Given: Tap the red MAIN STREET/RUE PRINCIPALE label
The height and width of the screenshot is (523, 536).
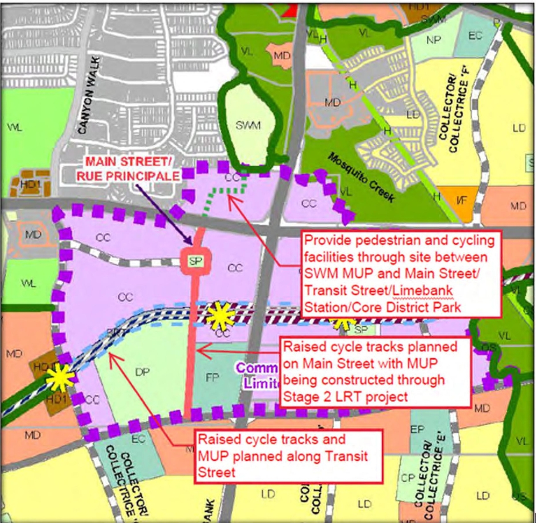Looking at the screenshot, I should click(128, 168).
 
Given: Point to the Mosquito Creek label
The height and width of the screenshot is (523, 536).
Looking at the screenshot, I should click(361, 177).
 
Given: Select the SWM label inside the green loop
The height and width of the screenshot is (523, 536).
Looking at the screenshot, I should click(248, 125).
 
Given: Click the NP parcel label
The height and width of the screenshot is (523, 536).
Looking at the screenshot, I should click(433, 40).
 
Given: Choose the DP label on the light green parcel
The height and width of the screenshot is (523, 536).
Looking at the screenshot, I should click(142, 372).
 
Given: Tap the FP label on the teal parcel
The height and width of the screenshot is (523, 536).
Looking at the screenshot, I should click(213, 378).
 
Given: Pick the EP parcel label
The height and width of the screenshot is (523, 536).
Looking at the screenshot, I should click(417, 430).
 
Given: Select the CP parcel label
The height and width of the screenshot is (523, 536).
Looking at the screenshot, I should click(407, 478).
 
